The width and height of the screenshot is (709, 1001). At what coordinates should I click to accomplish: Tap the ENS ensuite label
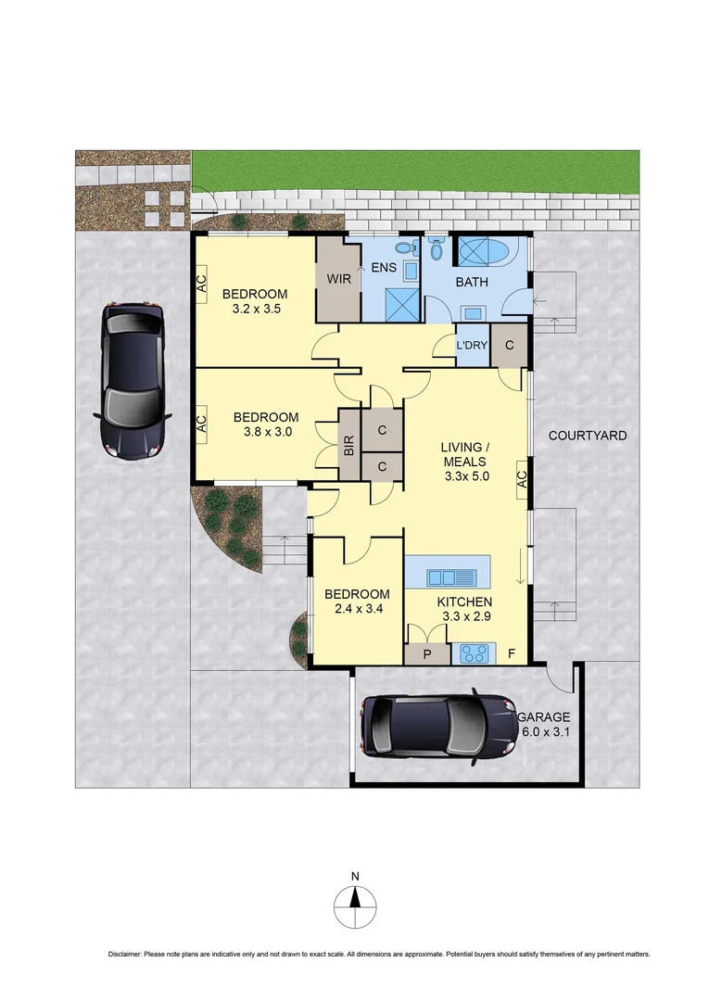[x=384, y=269]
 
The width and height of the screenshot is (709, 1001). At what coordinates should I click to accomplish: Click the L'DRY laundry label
[x=472, y=346]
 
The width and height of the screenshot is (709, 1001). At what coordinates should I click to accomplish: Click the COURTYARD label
[x=588, y=436]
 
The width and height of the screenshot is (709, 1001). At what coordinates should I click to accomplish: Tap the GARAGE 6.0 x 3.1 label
[x=545, y=725]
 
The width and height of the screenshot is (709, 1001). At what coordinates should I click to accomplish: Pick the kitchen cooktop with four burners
[x=477, y=654]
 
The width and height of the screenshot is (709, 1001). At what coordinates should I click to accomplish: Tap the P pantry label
[x=426, y=654]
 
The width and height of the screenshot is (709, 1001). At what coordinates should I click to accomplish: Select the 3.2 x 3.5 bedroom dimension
[x=256, y=311]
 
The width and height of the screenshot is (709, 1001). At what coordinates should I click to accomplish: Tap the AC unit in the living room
[x=522, y=478]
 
